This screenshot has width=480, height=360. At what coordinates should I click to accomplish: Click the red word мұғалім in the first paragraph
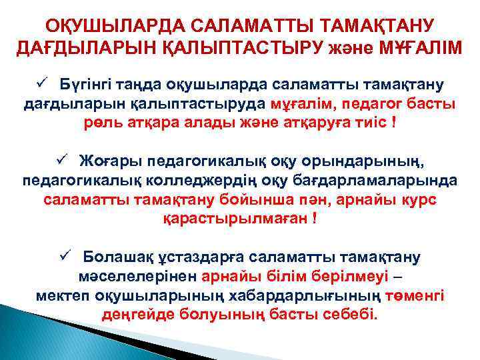coord(295,105)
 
